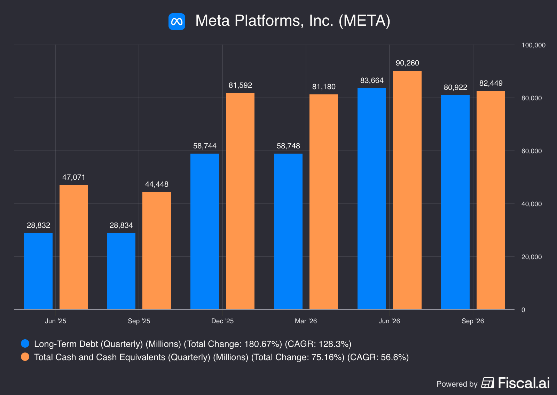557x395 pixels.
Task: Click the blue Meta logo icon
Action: tap(176, 21)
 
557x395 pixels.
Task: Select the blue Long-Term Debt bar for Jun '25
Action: tap(38, 271)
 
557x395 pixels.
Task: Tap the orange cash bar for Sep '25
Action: tap(157, 250)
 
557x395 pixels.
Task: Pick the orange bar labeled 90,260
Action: tap(407, 190)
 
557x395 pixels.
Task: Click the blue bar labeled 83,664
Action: tap(372, 199)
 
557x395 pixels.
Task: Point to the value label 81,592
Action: tap(240, 85)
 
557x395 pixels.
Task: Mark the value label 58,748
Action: tap(288, 146)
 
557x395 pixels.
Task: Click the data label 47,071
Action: tap(73, 177)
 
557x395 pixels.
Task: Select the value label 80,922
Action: tap(455, 87)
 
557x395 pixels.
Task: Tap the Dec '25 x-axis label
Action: tap(222, 321)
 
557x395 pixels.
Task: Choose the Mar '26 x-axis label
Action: tap(306, 321)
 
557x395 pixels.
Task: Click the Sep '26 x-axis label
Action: tap(473, 321)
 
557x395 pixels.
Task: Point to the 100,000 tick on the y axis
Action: tap(533, 45)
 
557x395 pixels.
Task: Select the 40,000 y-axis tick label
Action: tap(531, 204)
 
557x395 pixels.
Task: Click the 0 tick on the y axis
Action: tap(523, 310)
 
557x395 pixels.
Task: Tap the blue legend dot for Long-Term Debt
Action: tap(25, 343)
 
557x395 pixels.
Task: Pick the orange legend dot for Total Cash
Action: tap(25, 357)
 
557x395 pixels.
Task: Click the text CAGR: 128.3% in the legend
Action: tap(318, 344)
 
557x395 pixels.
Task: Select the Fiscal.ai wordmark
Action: tap(524, 383)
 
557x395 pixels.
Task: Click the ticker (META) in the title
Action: tap(364, 21)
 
